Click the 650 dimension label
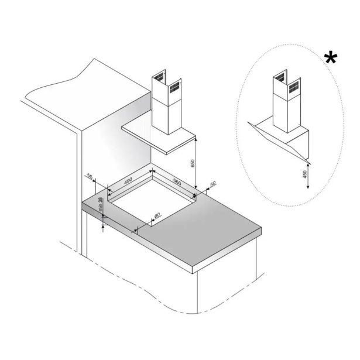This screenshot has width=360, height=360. [193, 163]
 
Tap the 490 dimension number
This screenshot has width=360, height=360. [128, 180]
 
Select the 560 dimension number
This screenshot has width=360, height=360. [177, 182]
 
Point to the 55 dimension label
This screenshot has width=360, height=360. [90, 177]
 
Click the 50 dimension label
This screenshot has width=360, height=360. [213, 183]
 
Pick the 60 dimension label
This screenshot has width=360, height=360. [157, 215]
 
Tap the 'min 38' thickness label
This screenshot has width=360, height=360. [100, 204]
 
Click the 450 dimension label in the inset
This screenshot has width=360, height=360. [305, 174]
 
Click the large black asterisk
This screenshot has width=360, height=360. [331, 59]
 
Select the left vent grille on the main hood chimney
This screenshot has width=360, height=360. [159, 77]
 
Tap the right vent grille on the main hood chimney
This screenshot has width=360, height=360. [174, 87]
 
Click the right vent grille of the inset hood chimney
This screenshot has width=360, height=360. [294, 87]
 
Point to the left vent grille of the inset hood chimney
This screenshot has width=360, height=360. [280, 77]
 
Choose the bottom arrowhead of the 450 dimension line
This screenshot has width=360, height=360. [308, 186]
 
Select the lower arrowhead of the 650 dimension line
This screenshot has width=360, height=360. [196, 187]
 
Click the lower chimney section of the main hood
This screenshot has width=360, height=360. [167, 118]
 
